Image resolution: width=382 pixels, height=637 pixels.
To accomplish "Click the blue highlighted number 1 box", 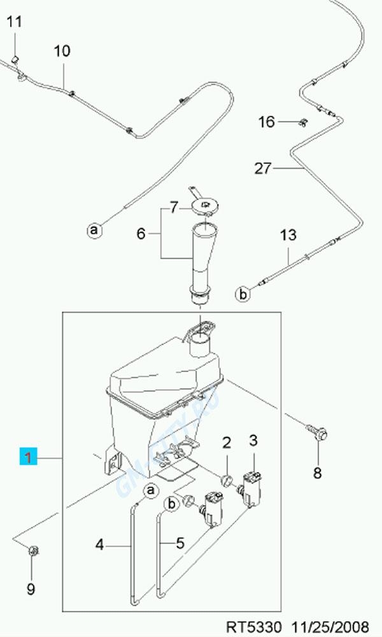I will click(x=29, y=457).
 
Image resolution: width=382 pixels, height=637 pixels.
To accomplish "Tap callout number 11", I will click(x=14, y=22).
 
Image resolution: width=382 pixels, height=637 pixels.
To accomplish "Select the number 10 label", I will click(x=62, y=51).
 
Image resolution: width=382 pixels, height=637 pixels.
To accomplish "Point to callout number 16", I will click(x=266, y=122).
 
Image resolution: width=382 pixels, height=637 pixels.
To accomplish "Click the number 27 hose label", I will click(x=263, y=169).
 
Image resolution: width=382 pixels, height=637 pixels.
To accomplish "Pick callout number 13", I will click(x=288, y=235).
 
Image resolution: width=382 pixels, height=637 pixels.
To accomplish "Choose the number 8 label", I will click(x=317, y=473).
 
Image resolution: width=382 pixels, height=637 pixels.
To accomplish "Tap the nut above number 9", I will click(x=32, y=548).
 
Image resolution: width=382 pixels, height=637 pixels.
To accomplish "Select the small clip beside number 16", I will click(x=304, y=122).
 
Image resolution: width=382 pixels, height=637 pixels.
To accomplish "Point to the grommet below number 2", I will click(x=227, y=478).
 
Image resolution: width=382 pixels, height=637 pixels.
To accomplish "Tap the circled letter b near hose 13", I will click(x=243, y=294).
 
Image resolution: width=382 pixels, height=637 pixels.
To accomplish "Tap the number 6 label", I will click(x=141, y=234).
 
